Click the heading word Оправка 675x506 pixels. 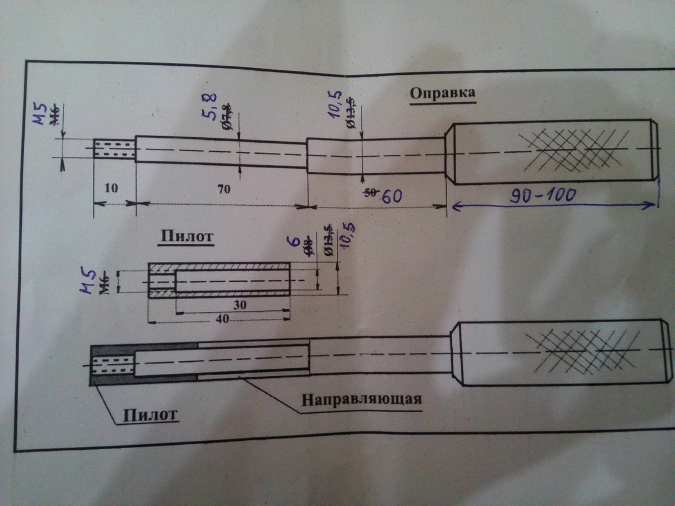tap(442, 94)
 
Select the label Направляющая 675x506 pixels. tap(362, 400)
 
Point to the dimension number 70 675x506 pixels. tap(223, 189)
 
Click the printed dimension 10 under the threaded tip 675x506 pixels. tap(111, 188)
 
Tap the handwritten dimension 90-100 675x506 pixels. tap(543, 195)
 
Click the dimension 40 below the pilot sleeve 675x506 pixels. tap(222, 318)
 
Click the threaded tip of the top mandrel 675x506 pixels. tap(114, 149)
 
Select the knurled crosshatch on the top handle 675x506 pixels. tap(577, 151)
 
